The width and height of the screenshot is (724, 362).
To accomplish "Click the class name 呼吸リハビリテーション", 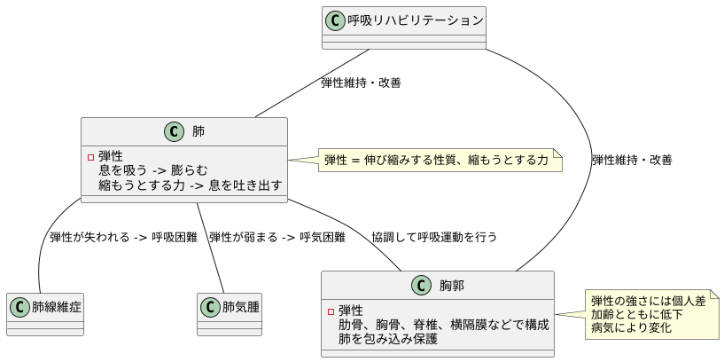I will (x=416, y=20).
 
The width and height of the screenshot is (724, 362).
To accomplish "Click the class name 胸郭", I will (x=452, y=286).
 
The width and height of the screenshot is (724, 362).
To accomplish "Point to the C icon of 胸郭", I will (x=421, y=286).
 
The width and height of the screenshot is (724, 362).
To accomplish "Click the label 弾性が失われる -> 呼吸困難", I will (x=123, y=237).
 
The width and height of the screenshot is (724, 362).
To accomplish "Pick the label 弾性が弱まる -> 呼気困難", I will (x=276, y=237).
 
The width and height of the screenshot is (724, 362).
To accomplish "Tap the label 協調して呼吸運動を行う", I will (x=434, y=237).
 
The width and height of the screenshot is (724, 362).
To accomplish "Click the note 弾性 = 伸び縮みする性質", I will (x=435, y=161).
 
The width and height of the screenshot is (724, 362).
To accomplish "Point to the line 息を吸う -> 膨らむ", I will (x=153, y=170).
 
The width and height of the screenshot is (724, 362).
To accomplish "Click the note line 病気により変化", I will (x=630, y=327).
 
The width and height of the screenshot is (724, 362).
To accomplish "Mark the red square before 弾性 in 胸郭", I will (x=331, y=311).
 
